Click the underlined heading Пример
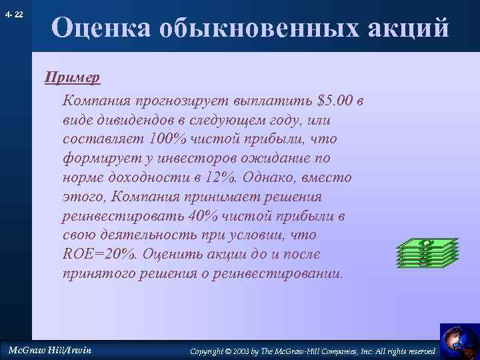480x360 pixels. pyautogui.click(x=72, y=77)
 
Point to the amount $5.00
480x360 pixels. pyautogui.click(x=336, y=101)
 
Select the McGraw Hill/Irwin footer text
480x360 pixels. pyautogui.click(x=48, y=350)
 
